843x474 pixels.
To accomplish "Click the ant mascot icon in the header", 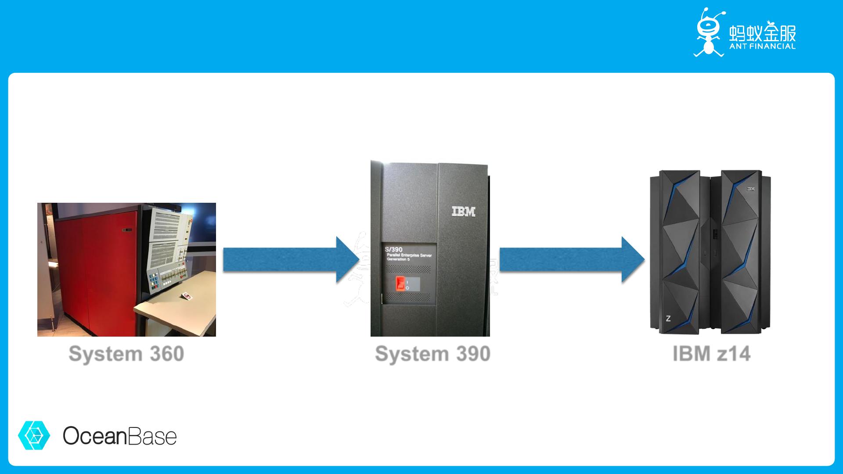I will pyautogui.click(x=708, y=33).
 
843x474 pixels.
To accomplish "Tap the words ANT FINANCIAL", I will pyautogui.click(x=762, y=46).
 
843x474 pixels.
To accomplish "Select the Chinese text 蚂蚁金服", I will pyautogui.click(x=762, y=32).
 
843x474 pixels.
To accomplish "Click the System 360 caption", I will pyautogui.click(x=126, y=354).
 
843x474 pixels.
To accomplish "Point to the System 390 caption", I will pyautogui.click(x=432, y=354).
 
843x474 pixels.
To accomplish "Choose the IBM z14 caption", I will pyautogui.click(x=711, y=354).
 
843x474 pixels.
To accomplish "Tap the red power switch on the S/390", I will pyautogui.click(x=400, y=284).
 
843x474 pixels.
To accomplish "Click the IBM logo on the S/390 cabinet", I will pyautogui.click(x=464, y=212).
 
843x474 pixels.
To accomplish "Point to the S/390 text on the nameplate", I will pyautogui.click(x=393, y=250).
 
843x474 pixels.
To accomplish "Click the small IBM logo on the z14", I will pyautogui.click(x=750, y=189).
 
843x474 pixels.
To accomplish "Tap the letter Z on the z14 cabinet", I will pyautogui.click(x=668, y=319).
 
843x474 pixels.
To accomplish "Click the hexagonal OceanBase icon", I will pyautogui.click(x=34, y=435).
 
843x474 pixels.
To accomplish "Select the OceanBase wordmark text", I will pyautogui.click(x=119, y=436).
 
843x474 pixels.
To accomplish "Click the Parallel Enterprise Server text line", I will pyautogui.click(x=409, y=255).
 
